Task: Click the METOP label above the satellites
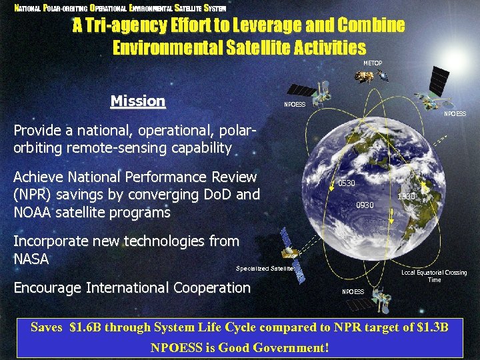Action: (x=373, y=63)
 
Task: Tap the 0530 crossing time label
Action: (x=347, y=183)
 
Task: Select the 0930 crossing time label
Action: (x=365, y=205)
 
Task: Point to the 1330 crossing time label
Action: (x=406, y=197)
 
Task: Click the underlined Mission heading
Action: (x=137, y=101)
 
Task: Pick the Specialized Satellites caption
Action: (x=265, y=269)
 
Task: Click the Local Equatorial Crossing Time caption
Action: (x=434, y=276)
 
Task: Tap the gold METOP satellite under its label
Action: (x=363, y=78)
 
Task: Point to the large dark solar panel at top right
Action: (x=439, y=80)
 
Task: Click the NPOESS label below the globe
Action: (x=353, y=292)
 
